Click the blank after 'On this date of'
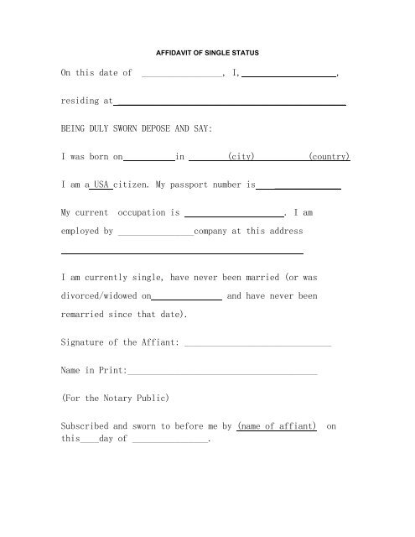pyautogui.click(x=182, y=75)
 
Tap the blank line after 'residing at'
pyautogui.click(x=230, y=102)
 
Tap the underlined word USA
pyautogui.click(x=101, y=184)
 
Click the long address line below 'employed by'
pyautogui.click(x=182, y=252)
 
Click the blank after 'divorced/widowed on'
pyautogui.click(x=188, y=297)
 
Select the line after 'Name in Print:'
pyautogui.click(x=222, y=371)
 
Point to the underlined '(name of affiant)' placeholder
pyautogui.click(x=278, y=425)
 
